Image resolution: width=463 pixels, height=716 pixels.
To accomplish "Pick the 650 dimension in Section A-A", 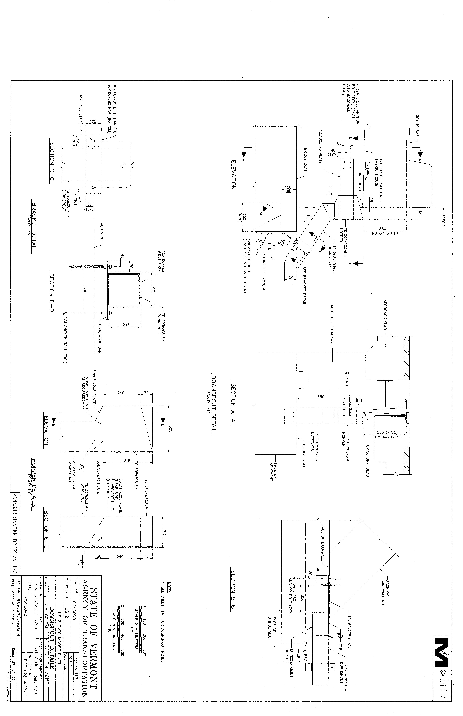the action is [321, 397].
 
